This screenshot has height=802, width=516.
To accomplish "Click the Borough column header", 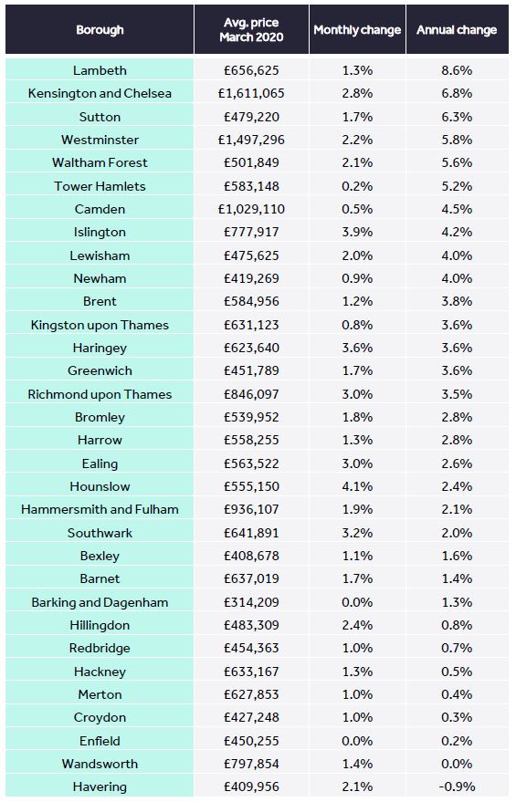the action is (100, 30).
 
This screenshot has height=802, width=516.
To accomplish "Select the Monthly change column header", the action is (357, 30).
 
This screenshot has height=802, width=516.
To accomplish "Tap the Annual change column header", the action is (457, 30).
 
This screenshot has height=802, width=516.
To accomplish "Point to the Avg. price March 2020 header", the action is (251, 30).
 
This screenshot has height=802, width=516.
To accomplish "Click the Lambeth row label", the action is (100, 70).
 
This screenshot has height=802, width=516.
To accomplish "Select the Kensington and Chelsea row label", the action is (100, 93).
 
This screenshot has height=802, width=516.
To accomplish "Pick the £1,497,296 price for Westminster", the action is (251, 140).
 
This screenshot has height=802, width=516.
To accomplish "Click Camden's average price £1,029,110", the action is (251, 209).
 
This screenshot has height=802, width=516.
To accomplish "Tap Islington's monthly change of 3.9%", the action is (357, 232).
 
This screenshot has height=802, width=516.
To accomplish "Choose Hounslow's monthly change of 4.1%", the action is (357, 486).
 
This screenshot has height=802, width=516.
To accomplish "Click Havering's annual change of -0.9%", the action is (457, 786).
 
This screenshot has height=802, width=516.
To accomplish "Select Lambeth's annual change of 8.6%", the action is (457, 70).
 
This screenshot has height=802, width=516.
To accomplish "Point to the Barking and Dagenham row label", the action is (100, 602).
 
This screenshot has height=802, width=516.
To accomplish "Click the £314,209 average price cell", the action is (251, 602).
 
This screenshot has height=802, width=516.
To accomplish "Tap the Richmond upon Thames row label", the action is (100, 394).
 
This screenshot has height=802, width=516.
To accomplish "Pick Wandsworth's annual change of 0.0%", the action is (457, 764).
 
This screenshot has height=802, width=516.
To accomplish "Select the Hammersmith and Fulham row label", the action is (100, 509).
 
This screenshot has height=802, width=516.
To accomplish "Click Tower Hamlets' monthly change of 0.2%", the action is (357, 185).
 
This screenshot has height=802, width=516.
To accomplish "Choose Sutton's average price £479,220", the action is (251, 117).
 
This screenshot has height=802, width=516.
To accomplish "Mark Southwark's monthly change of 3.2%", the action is (357, 533).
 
